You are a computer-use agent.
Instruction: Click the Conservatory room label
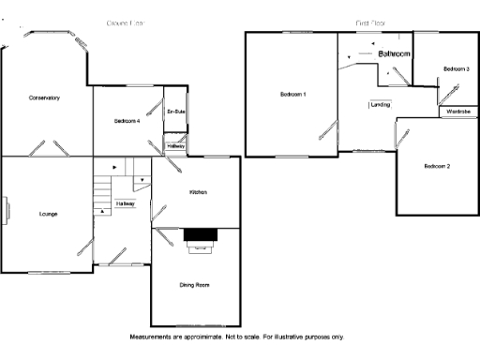(44, 98)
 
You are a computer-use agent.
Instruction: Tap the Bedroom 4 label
(127, 121)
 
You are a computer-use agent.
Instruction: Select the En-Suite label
(176, 112)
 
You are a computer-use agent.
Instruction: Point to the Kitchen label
(197, 192)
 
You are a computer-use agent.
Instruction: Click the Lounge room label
(48, 214)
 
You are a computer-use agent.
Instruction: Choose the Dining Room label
(194, 284)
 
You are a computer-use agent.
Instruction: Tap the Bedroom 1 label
(293, 95)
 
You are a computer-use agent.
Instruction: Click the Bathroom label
(395, 55)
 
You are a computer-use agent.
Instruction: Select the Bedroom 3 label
(457, 69)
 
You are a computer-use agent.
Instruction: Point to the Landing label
(381, 105)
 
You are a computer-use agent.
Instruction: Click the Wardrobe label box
(457, 112)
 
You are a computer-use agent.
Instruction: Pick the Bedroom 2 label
(437, 166)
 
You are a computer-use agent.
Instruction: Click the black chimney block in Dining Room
(200, 234)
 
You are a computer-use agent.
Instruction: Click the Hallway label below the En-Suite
(176, 147)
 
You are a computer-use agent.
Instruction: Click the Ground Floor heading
(126, 21)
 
